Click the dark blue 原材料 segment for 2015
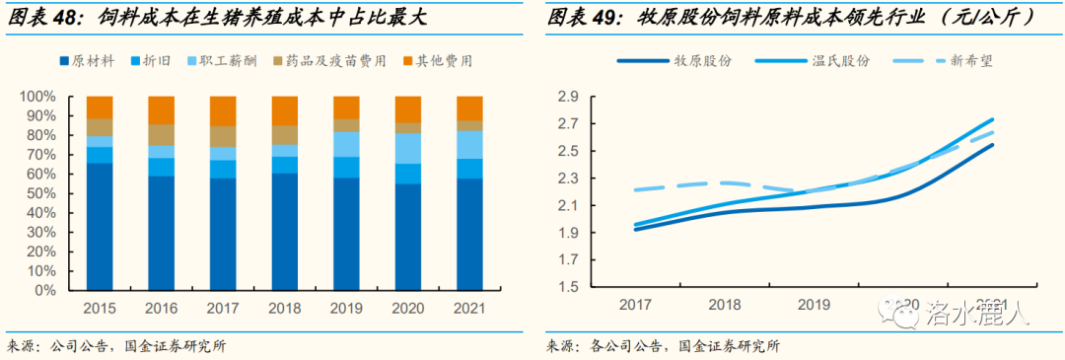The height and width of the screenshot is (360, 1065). click(x=100, y=227)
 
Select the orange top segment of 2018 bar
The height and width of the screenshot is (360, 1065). click(x=284, y=110)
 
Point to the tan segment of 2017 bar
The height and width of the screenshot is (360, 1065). click(x=223, y=136)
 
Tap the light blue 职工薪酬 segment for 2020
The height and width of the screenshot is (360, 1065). click(x=407, y=148)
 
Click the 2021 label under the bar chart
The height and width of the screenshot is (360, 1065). click(x=469, y=309)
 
